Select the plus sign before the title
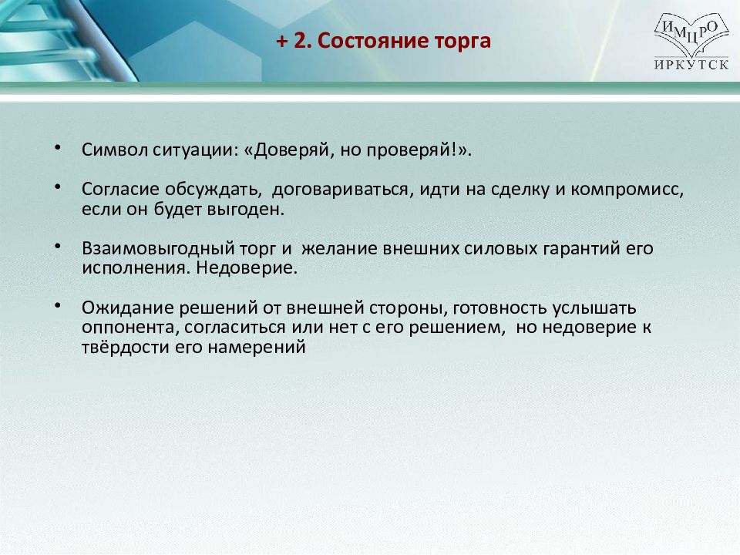(x=282, y=42)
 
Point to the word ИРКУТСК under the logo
(x=691, y=64)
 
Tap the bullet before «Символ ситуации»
(x=58, y=147)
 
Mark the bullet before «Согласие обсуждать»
(x=58, y=187)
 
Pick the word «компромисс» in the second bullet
(x=627, y=190)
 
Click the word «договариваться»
(x=343, y=190)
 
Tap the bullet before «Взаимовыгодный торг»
(x=58, y=246)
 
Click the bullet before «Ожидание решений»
(x=58, y=305)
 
